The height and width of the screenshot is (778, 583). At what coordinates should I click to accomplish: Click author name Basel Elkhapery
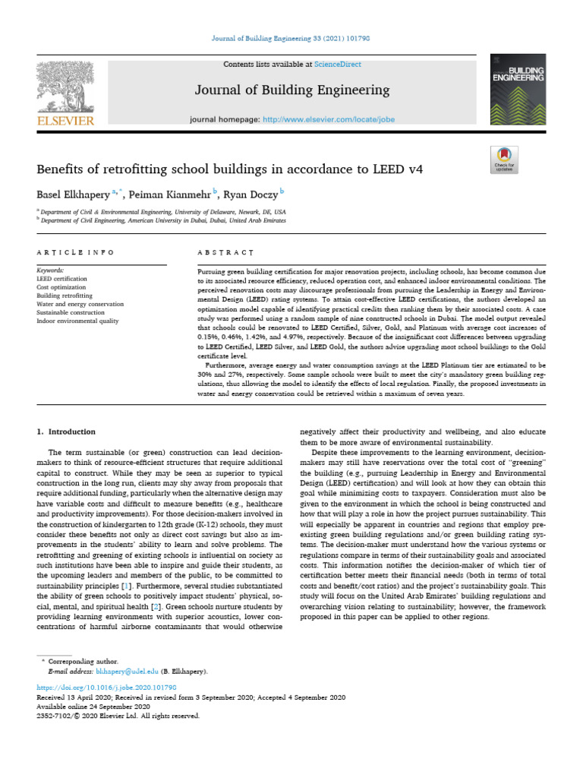[72, 194]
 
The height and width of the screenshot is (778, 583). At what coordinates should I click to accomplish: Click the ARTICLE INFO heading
[75, 251]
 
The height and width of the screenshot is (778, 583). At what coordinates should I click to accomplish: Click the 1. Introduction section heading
[67, 432]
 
